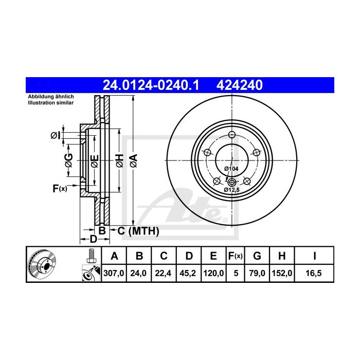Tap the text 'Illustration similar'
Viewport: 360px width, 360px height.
coord(51,103)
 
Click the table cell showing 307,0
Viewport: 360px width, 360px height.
coord(114,274)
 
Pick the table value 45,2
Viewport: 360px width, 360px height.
coord(190,274)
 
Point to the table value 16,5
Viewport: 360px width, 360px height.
coord(313,274)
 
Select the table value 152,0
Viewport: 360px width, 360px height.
coord(282,274)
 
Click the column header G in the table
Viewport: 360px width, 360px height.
coord(258,256)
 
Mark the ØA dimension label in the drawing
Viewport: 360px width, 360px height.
coord(134,160)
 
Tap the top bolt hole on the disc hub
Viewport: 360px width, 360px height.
coord(231,135)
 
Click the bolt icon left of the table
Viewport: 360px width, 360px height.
coord(91,255)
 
